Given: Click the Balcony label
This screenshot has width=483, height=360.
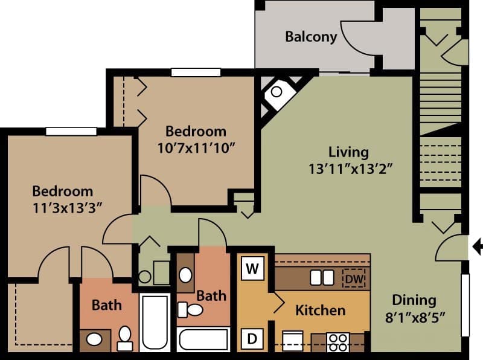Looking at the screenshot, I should coord(311,37).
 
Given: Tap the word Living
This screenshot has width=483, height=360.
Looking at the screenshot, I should coord(348,152).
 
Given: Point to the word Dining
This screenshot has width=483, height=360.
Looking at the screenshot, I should coord(414,300).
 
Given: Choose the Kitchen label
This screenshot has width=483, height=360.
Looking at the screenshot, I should coord(320,310).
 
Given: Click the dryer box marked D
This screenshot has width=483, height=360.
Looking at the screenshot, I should coord(252,339).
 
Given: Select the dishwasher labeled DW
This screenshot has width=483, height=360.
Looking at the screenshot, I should coord(354,278).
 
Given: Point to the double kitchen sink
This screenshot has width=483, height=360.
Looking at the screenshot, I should coord(322,278).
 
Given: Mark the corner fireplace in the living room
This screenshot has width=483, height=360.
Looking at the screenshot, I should coord(277,92).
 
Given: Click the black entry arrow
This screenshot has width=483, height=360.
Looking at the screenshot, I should coord(476,246).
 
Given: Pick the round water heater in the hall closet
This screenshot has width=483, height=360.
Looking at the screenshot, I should coord(145,277).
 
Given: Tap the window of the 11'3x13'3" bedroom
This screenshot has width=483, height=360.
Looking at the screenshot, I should coord(71,131).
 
